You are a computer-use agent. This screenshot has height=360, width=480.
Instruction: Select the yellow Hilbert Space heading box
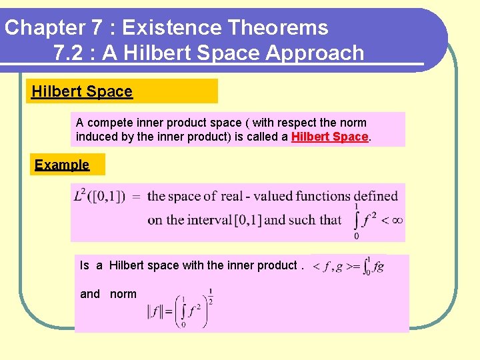point(123,91)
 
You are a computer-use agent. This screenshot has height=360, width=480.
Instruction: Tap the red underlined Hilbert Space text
point(329,137)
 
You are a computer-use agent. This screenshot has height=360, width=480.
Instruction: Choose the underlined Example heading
point(62,165)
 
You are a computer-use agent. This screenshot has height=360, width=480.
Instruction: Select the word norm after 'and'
point(123,294)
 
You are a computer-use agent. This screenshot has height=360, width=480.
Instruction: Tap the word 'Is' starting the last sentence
point(84,265)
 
